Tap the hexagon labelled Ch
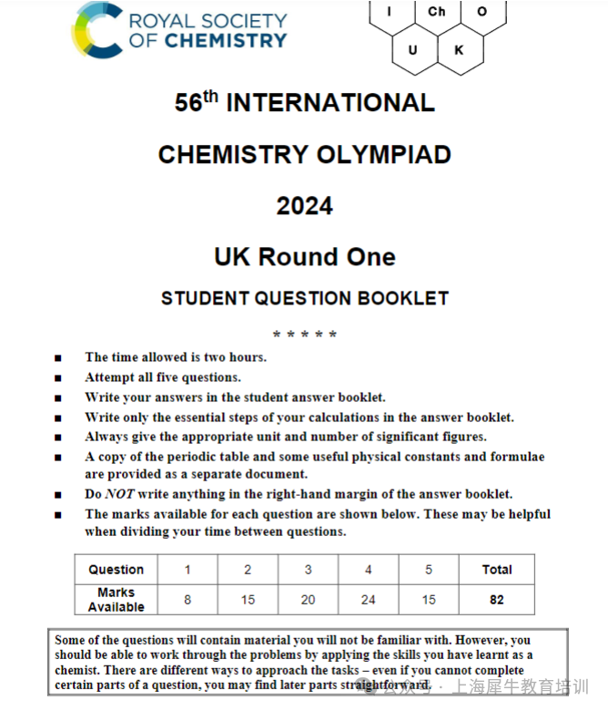437,12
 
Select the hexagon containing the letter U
413,50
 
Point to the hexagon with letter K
459,50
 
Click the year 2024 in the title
305,206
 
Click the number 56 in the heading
188,104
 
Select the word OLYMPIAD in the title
383,155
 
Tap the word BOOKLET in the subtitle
405,298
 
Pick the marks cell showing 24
368,599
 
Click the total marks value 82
497,599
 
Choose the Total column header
497,570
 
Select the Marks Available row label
116,599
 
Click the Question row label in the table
116,570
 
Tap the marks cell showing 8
187,599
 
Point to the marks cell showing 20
308,599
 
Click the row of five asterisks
305,335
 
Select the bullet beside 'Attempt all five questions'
58,377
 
